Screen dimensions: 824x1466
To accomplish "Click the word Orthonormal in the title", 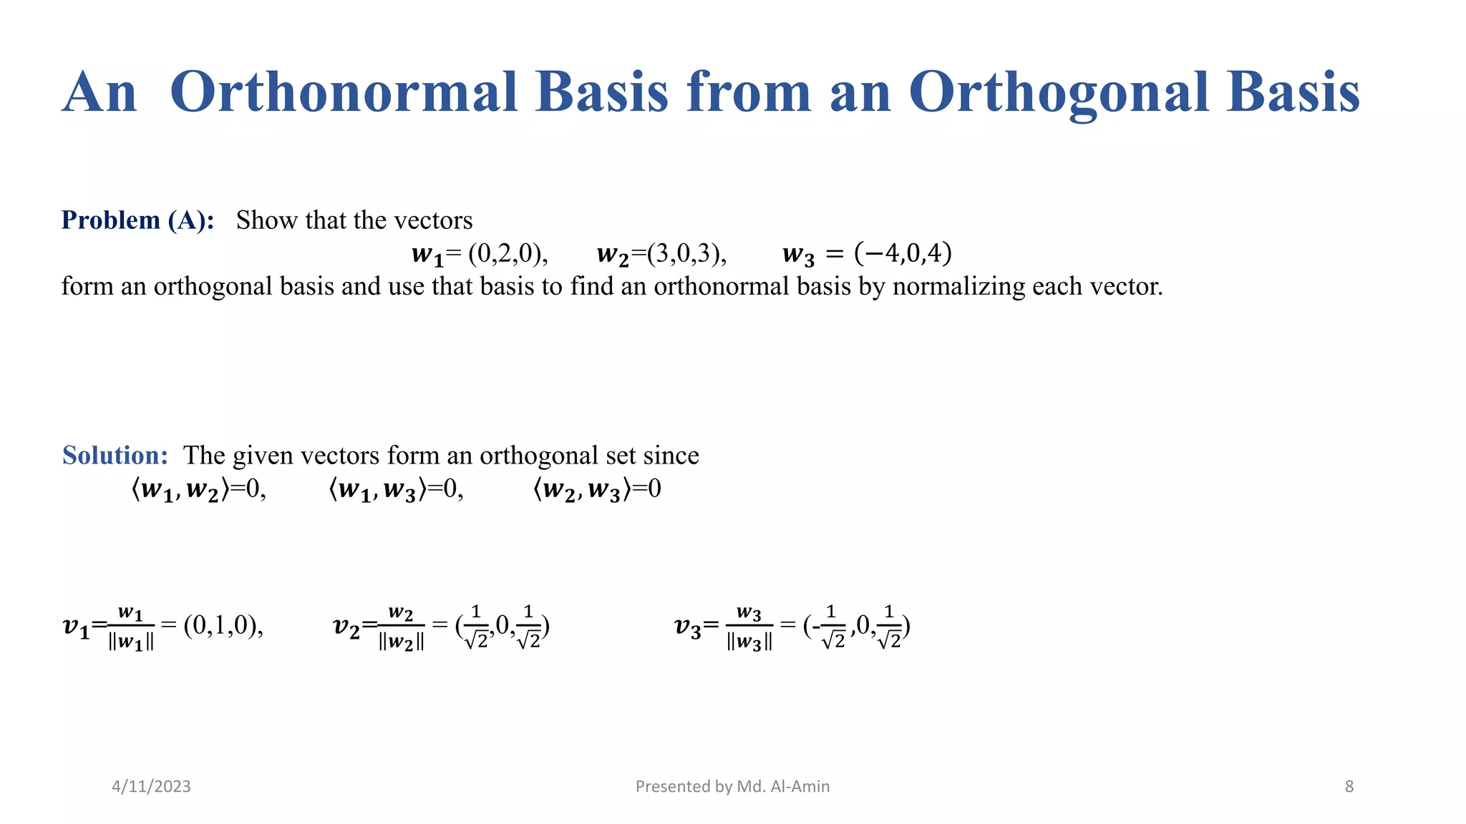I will coord(343,92).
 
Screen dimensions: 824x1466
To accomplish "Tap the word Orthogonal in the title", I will coord(1059,92).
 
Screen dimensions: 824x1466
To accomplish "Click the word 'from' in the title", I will coord(749,92).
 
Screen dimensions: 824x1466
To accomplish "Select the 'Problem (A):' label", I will coord(137,220).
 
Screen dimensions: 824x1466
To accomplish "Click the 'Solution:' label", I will coord(115,456).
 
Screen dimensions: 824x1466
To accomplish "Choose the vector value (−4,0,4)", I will coord(903,253).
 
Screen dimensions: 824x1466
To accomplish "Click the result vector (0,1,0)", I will coord(223,626).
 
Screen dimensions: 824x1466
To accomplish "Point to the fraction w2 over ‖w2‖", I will coord(401,627).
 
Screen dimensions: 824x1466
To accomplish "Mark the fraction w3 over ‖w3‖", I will coord(749,627).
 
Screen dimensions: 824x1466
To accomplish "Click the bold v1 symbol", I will coord(76,627).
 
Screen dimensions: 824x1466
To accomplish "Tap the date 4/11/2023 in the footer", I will coord(151,787).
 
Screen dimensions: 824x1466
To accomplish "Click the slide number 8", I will coord(1349,787).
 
